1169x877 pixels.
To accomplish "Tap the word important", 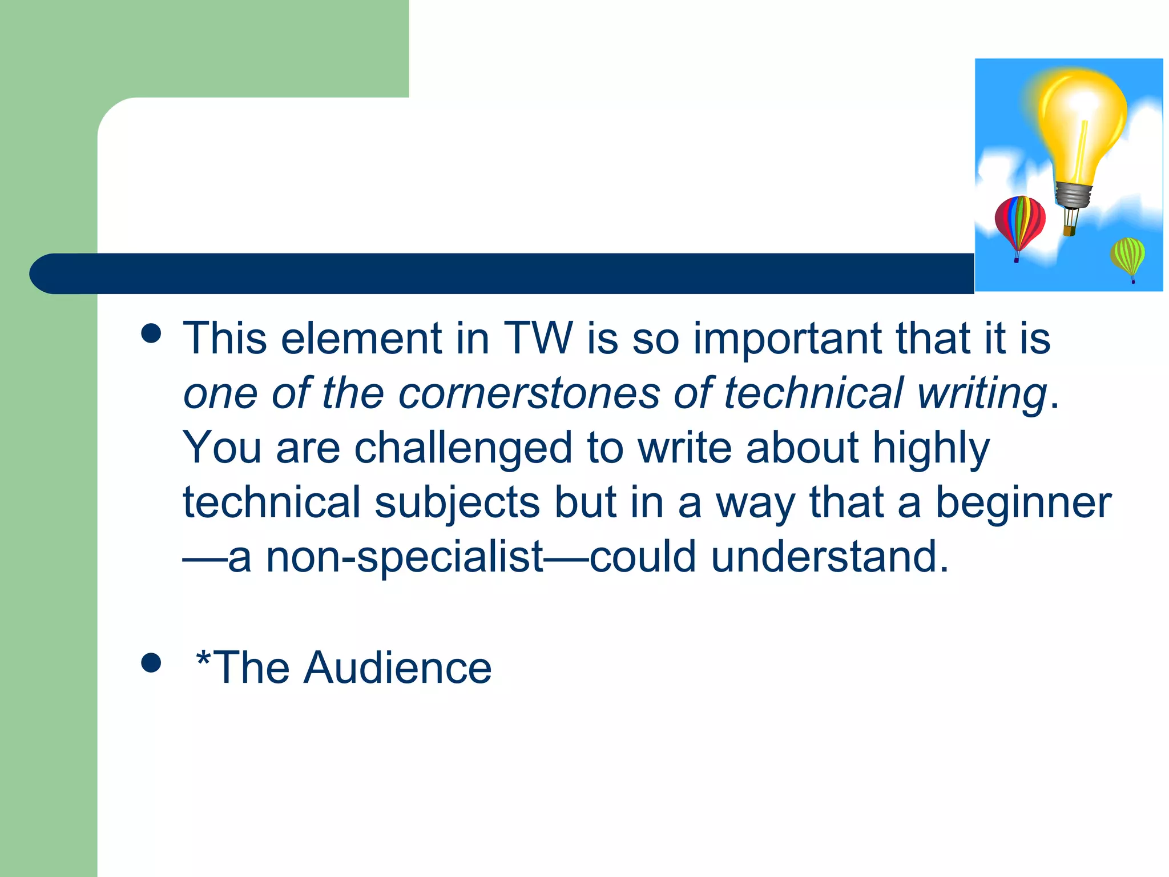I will [787, 339].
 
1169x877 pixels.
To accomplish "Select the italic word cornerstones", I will [529, 393].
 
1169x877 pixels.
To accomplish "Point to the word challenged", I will [463, 448].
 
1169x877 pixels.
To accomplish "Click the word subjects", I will [457, 503].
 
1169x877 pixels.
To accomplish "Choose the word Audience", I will [397, 667].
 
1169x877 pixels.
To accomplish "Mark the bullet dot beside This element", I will [151, 333].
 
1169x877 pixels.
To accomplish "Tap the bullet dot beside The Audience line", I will [151, 663].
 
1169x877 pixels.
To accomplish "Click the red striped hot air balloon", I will [1019, 222].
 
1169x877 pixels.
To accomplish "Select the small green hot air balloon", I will [1127, 256].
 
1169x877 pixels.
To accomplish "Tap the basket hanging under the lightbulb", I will [1069, 231].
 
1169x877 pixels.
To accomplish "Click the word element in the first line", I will [361, 338].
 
